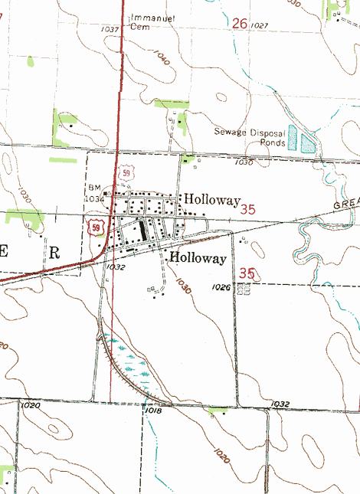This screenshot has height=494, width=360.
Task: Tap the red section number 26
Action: pyautogui.click(x=240, y=24)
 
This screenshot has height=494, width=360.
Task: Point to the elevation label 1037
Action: pyautogui.click(x=110, y=29)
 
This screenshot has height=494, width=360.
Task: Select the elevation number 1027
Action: pyautogui.click(x=260, y=26)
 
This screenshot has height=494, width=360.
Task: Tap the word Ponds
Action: pyautogui.click(x=272, y=143)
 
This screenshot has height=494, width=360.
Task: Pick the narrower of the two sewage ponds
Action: pyautogui.click(x=292, y=138)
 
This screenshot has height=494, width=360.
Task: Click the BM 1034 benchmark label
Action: pyautogui.click(x=95, y=193)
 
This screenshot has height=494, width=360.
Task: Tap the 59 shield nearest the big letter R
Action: pyautogui.click(x=95, y=227)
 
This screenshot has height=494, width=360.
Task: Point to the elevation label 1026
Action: pyautogui.click(x=222, y=287)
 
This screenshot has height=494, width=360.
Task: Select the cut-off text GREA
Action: pyautogui.click(x=346, y=206)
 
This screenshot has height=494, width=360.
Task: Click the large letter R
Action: pyautogui.click(x=54, y=252)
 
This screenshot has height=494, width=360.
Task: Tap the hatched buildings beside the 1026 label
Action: pyautogui.click(x=244, y=290)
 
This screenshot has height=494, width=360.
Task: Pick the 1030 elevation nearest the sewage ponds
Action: pyautogui.click(x=244, y=162)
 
